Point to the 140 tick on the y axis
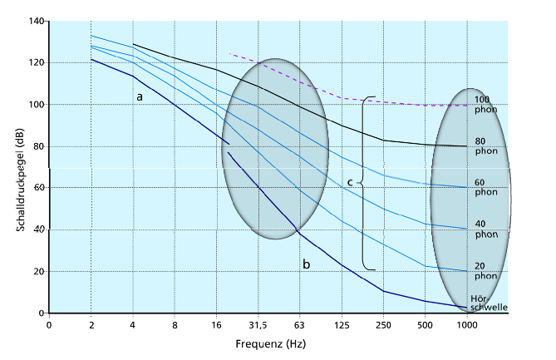coord(35,21)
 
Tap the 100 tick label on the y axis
coord(35,105)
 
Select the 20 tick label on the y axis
coord(37,272)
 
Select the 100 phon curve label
coord(486,105)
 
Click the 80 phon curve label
coord(486,146)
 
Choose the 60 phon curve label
coord(486,188)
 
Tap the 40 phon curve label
coord(486,229)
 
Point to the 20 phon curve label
coord(486,271)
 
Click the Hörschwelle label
coord(488,303)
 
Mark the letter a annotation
coord(140,96)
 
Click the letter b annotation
coord(307,264)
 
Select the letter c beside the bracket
coord(350,182)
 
